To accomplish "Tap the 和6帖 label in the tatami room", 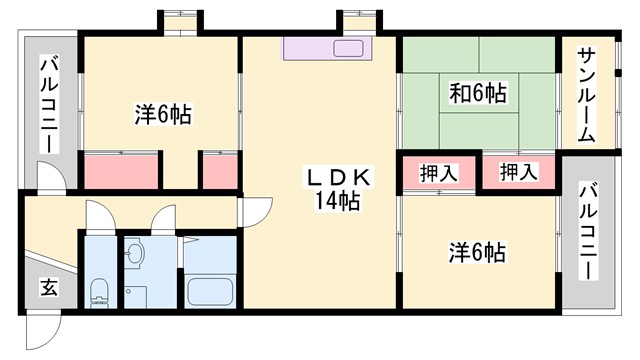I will tap(478, 94).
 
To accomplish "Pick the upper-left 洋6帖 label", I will tap(163, 115).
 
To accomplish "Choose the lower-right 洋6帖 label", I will tap(475, 252).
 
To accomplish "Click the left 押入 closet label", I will tap(438, 172).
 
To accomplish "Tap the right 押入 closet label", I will tap(518, 172).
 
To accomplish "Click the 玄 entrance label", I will tap(48, 289).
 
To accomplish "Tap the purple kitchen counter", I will tap(326, 49).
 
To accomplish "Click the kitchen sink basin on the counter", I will tap(350, 49).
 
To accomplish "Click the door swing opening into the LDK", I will tap(256, 210).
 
